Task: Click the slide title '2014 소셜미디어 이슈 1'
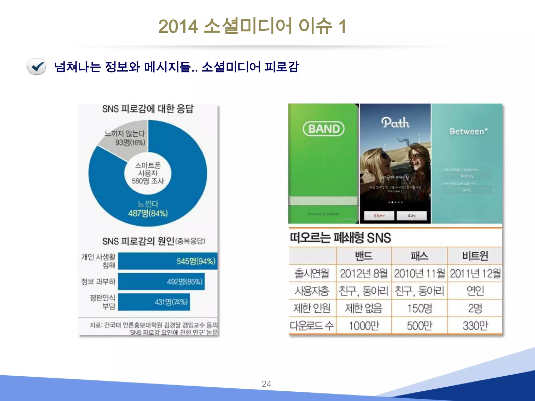click(x=252, y=26)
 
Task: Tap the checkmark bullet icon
click(x=37, y=67)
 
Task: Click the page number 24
click(x=266, y=384)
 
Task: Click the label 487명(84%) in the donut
click(x=148, y=213)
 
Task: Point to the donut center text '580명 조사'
click(x=148, y=181)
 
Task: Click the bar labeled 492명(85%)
click(x=161, y=281)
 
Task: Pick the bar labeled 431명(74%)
click(x=154, y=302)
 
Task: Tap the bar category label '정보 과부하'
click(x=98, y=281)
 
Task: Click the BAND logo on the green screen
click(x=324, y=129)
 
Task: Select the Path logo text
click(x=395, y=123)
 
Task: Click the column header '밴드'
click(x=364, y=256)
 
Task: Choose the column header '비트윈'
click(x=475, y=256)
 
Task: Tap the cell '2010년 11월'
click(x=420, y=273)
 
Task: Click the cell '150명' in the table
click(x=420, y=308)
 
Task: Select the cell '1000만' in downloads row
click(x=364, y=326)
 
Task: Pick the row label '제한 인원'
click(x=312, y=308)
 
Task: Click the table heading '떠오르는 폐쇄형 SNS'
click(x=340, y=238)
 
